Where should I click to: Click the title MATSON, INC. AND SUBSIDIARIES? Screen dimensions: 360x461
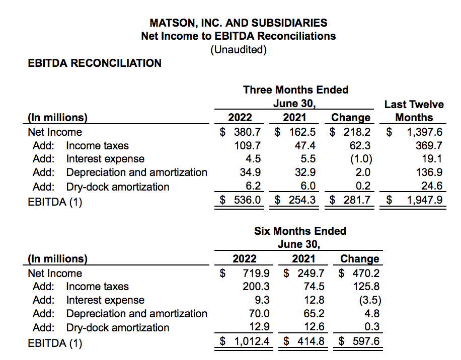point(238,23)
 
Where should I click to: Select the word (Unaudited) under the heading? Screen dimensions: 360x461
point(238,49)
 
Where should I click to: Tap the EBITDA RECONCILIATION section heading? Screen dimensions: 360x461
point(95,63)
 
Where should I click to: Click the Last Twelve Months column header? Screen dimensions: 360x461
point(414,111)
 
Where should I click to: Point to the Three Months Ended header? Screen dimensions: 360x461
point(295,89)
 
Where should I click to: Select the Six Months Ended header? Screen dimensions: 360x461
point(300,231)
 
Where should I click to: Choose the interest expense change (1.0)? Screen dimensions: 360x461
point(359,159)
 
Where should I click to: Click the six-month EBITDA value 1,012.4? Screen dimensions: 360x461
point(251,342)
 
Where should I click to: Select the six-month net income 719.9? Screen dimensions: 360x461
point(256,274)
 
